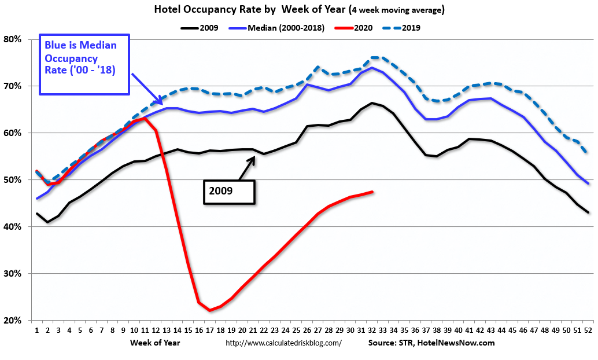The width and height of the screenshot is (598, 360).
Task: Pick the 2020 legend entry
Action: click(357, 27)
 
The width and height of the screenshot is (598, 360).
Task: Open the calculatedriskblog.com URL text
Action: click(283, 343)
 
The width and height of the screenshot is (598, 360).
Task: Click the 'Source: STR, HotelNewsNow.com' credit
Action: click(431, 343)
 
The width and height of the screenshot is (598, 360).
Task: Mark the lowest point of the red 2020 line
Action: click(209, 311)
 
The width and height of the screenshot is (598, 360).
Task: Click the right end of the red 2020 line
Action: click(372, 192)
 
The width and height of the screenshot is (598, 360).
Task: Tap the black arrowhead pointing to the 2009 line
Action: click(253, 159)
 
